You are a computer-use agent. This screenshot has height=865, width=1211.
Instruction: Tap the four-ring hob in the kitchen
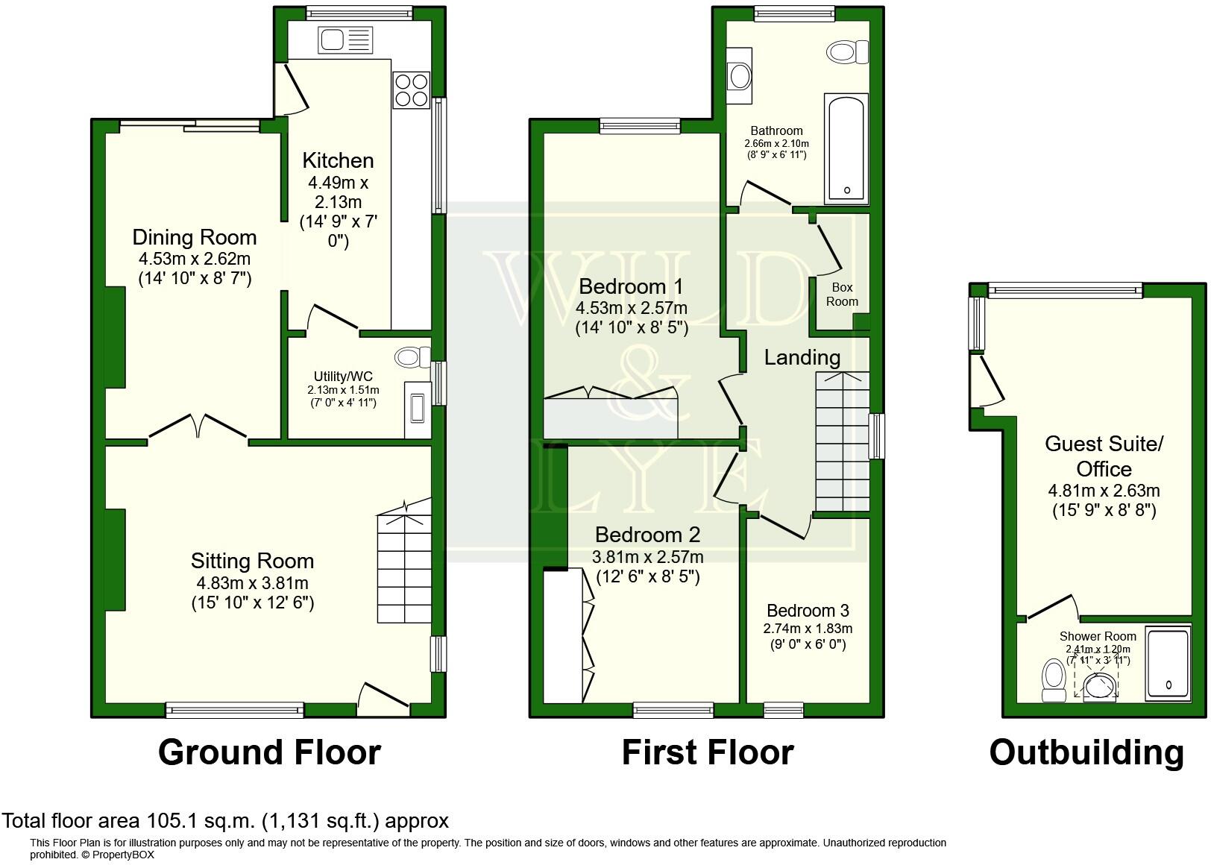tap(411, 90)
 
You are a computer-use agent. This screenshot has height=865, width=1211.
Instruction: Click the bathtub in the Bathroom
tap(846, 148)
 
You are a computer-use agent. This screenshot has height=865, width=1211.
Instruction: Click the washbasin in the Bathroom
tap(740, 75)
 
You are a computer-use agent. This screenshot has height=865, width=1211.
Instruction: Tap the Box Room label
tap(842, 295)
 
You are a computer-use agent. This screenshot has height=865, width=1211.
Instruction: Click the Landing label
tap(802, 358)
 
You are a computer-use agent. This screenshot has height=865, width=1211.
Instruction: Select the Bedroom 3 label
tap(808, 611)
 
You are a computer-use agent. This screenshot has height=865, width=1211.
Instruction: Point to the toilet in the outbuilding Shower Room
tap(1054, 679)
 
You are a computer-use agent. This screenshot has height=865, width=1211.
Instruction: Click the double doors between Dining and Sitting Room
tap(198, 428)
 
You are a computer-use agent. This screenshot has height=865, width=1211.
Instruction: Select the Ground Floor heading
tap(269, 752)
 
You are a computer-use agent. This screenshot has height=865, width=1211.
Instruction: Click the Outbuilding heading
tap(1086, 752)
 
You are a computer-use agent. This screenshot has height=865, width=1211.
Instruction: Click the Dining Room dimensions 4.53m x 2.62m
tap(194, 259)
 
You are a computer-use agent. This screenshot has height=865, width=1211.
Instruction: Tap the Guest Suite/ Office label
tap(1103, 456)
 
